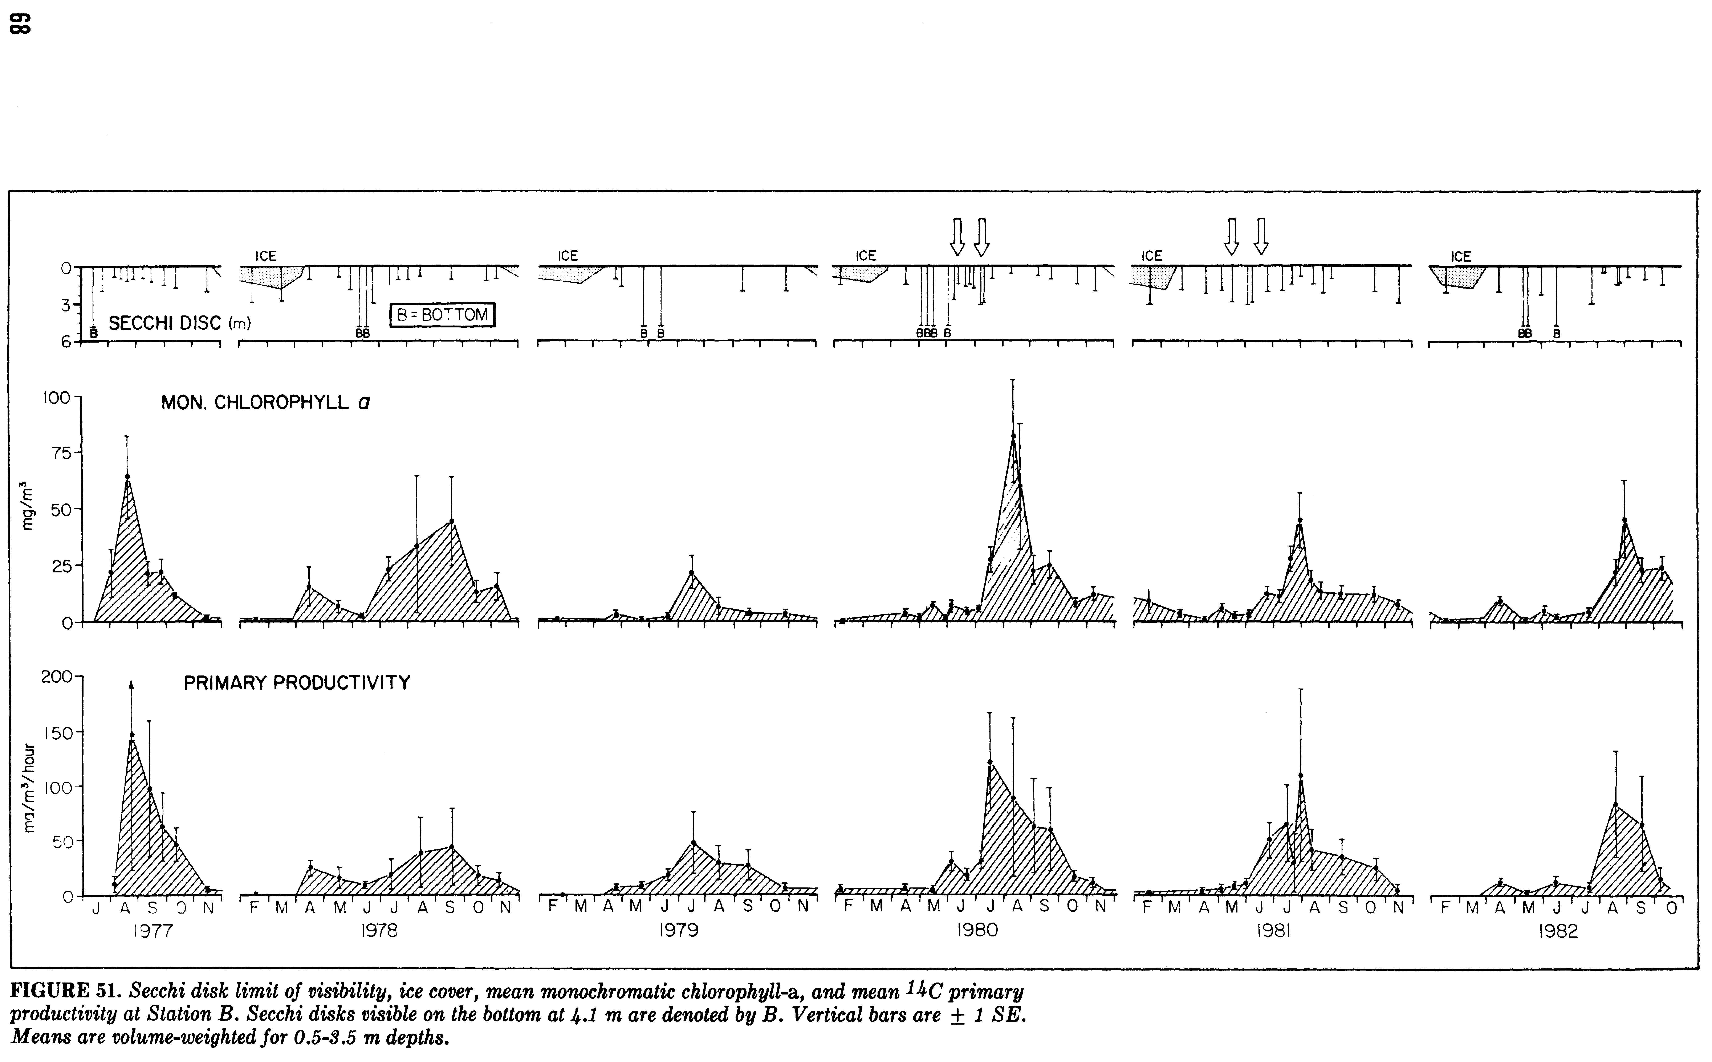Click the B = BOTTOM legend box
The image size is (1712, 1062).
(443, 315)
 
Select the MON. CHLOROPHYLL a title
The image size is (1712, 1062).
(265, 403)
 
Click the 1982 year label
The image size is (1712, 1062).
(1558, 931)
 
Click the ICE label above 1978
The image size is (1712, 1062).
(265, 256)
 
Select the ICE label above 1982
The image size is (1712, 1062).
(1460, 256)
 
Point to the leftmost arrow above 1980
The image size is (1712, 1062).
(957, 237)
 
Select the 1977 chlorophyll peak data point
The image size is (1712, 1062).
(127, 476)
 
